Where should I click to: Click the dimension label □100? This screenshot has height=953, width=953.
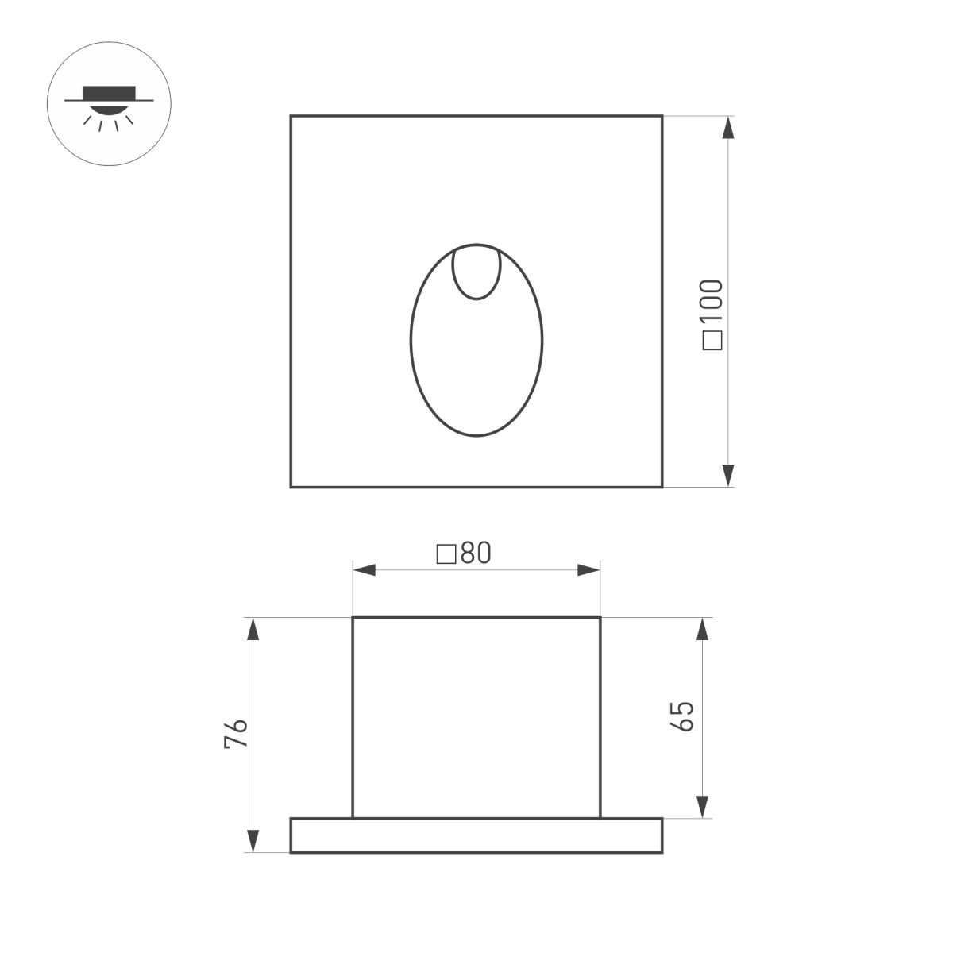[x=713, y=314]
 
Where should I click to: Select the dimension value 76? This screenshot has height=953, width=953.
[x=237, y=734]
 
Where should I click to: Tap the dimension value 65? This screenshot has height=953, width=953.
[x=683, y=717]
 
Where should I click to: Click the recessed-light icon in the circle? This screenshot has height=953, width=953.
[x=110, y=104]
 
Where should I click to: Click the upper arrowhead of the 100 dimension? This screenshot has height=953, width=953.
[x=727, y=128]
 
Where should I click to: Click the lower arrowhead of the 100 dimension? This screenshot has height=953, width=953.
[x=727, y=475]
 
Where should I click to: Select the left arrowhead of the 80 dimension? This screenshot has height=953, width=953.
[x=365, y=570]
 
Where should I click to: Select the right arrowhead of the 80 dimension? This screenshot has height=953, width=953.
[x=588, y=570]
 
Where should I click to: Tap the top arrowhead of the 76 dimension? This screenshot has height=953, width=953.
[x=253, y=630]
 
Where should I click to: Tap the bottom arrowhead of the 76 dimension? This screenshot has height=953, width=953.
[x=253, y=840]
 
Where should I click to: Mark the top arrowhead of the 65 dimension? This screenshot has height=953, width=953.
[x=702, y=630]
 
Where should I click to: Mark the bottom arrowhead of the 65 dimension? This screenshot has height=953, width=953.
[x=702, y=805]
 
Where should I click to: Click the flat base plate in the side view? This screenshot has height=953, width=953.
[x=476, y=835]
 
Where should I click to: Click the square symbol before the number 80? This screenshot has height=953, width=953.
[x=446, y=554]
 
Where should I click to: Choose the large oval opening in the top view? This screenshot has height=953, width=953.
[x=476, y=365]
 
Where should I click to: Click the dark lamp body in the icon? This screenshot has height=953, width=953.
[x=110, y=91]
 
